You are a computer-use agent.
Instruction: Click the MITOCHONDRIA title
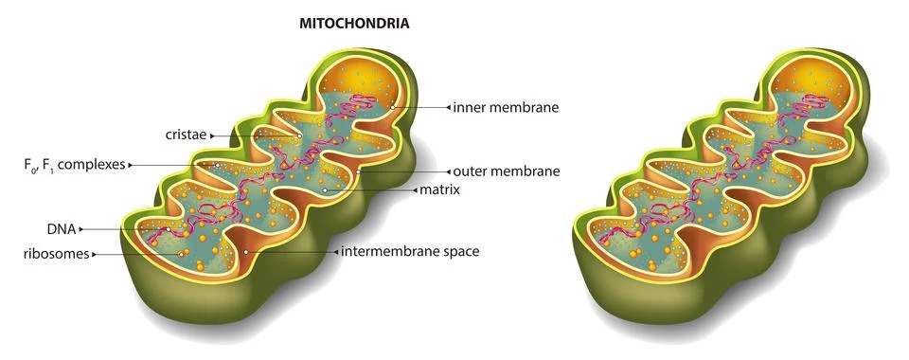(x=354, y=23)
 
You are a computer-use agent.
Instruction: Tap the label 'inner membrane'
(x=507, y=108)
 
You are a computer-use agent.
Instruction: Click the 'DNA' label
(x=62, y=229)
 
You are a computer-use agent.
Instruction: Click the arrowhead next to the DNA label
(x=82, y=229)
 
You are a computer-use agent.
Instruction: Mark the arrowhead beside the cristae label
(x=214, y=135)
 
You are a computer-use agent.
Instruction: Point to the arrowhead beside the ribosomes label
(x=95, y=254)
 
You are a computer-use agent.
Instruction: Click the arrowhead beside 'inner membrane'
(x=448, y=108)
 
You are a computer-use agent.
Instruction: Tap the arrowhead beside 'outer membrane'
(x=447, y=171)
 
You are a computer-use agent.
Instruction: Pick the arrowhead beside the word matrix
(x=414, y=190)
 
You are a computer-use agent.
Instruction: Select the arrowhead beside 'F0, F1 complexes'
(x=130, y=165)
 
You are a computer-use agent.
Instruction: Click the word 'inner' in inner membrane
(x=470, y=108)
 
